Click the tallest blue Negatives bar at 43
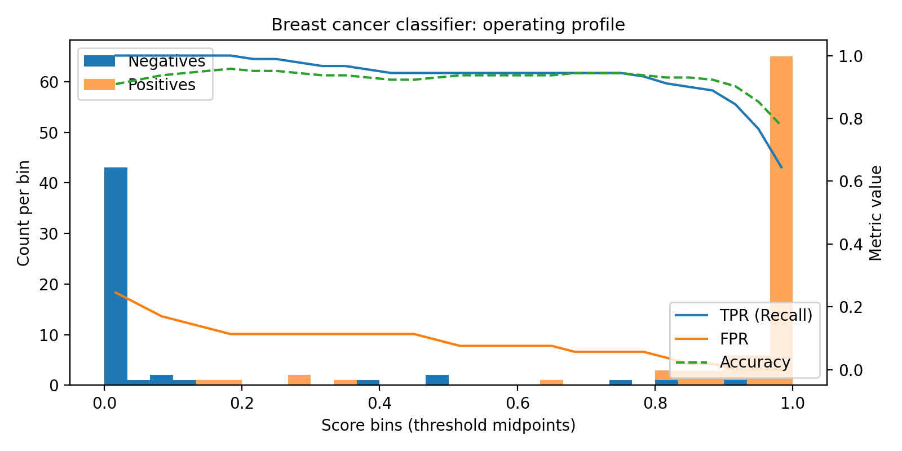pos(116,276)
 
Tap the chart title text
pos(448,25)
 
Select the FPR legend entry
pos(733,339)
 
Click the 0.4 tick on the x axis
pos(379,404)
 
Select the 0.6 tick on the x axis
pos(517,404)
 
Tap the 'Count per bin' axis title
pos(23,213)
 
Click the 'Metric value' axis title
pos(876,213)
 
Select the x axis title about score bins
pos(448,425)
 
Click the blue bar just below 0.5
pos(437,380)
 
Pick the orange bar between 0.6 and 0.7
pos(551,383)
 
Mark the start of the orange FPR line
pos(116,292)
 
